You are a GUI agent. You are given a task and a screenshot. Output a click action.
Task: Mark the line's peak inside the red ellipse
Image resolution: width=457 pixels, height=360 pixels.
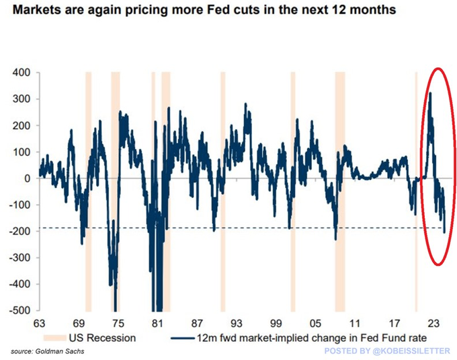pos(430,93)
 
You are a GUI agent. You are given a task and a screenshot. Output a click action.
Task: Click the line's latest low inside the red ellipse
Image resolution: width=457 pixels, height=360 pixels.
pos(444,232)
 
